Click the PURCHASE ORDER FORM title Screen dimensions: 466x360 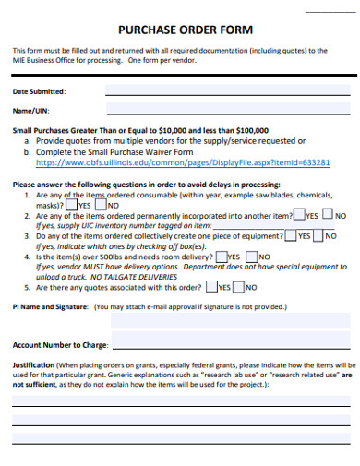click(x=180, y=28)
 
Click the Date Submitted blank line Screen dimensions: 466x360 click(x=227, y=92)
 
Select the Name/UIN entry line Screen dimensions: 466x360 click(x=227, y=111)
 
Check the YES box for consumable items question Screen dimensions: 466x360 click(x=73, y=206)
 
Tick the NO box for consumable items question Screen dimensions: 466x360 click(x=101, y=206)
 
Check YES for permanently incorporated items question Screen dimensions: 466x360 click(x=298, y=215)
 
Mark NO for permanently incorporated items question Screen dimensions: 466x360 click(x=329, y=215)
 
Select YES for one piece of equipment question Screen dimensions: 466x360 click(x=291, y=235)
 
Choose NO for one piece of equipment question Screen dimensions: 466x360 click(x=319, y=235)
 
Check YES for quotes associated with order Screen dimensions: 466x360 click(x=212, y=287)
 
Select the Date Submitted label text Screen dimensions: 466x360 click(x=39, y=92)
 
